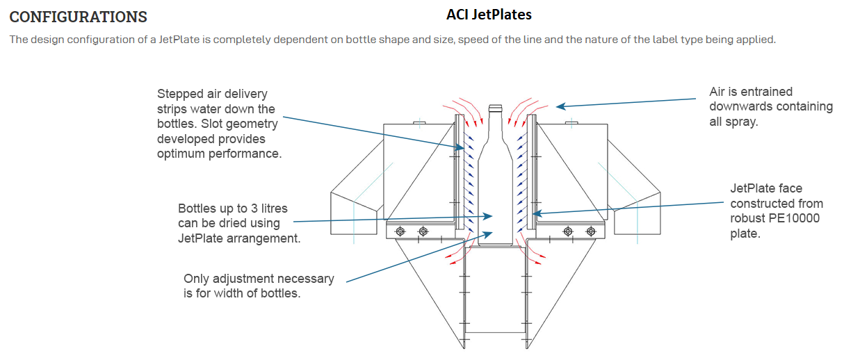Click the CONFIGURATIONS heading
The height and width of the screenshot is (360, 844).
tap(78, 16)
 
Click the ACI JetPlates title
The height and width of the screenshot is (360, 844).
tap(489, 14)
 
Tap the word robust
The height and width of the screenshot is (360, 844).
tap(748, 219)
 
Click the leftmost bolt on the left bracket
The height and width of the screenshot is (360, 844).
tap(400, 231)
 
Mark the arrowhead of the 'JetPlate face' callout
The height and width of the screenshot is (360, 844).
tap(534, 213)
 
